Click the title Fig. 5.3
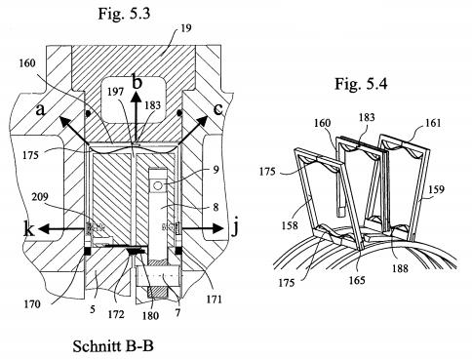tap(124, 14)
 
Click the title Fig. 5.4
tap(361, 84)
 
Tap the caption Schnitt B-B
tap(113, 346)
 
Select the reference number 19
tap(186, 28)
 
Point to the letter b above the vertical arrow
tap(138, 82)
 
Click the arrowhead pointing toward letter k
tap(44, 229)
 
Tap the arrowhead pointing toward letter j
tap(218, 229)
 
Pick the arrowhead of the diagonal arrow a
tap(63, 123)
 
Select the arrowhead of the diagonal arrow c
tap(203, 121)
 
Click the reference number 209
tap(40, 197)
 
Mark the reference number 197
tap(116, 92)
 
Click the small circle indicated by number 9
tap(158, 185)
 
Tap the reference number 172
tap(116, 314)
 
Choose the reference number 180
tap(150, 315)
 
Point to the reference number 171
tap(214, 299)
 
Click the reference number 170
tap(32, 304)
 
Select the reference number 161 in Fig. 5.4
tap(433, 123)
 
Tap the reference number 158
tap(289, 224)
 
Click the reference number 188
tap(400, 268)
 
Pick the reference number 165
tap(357, 280)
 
